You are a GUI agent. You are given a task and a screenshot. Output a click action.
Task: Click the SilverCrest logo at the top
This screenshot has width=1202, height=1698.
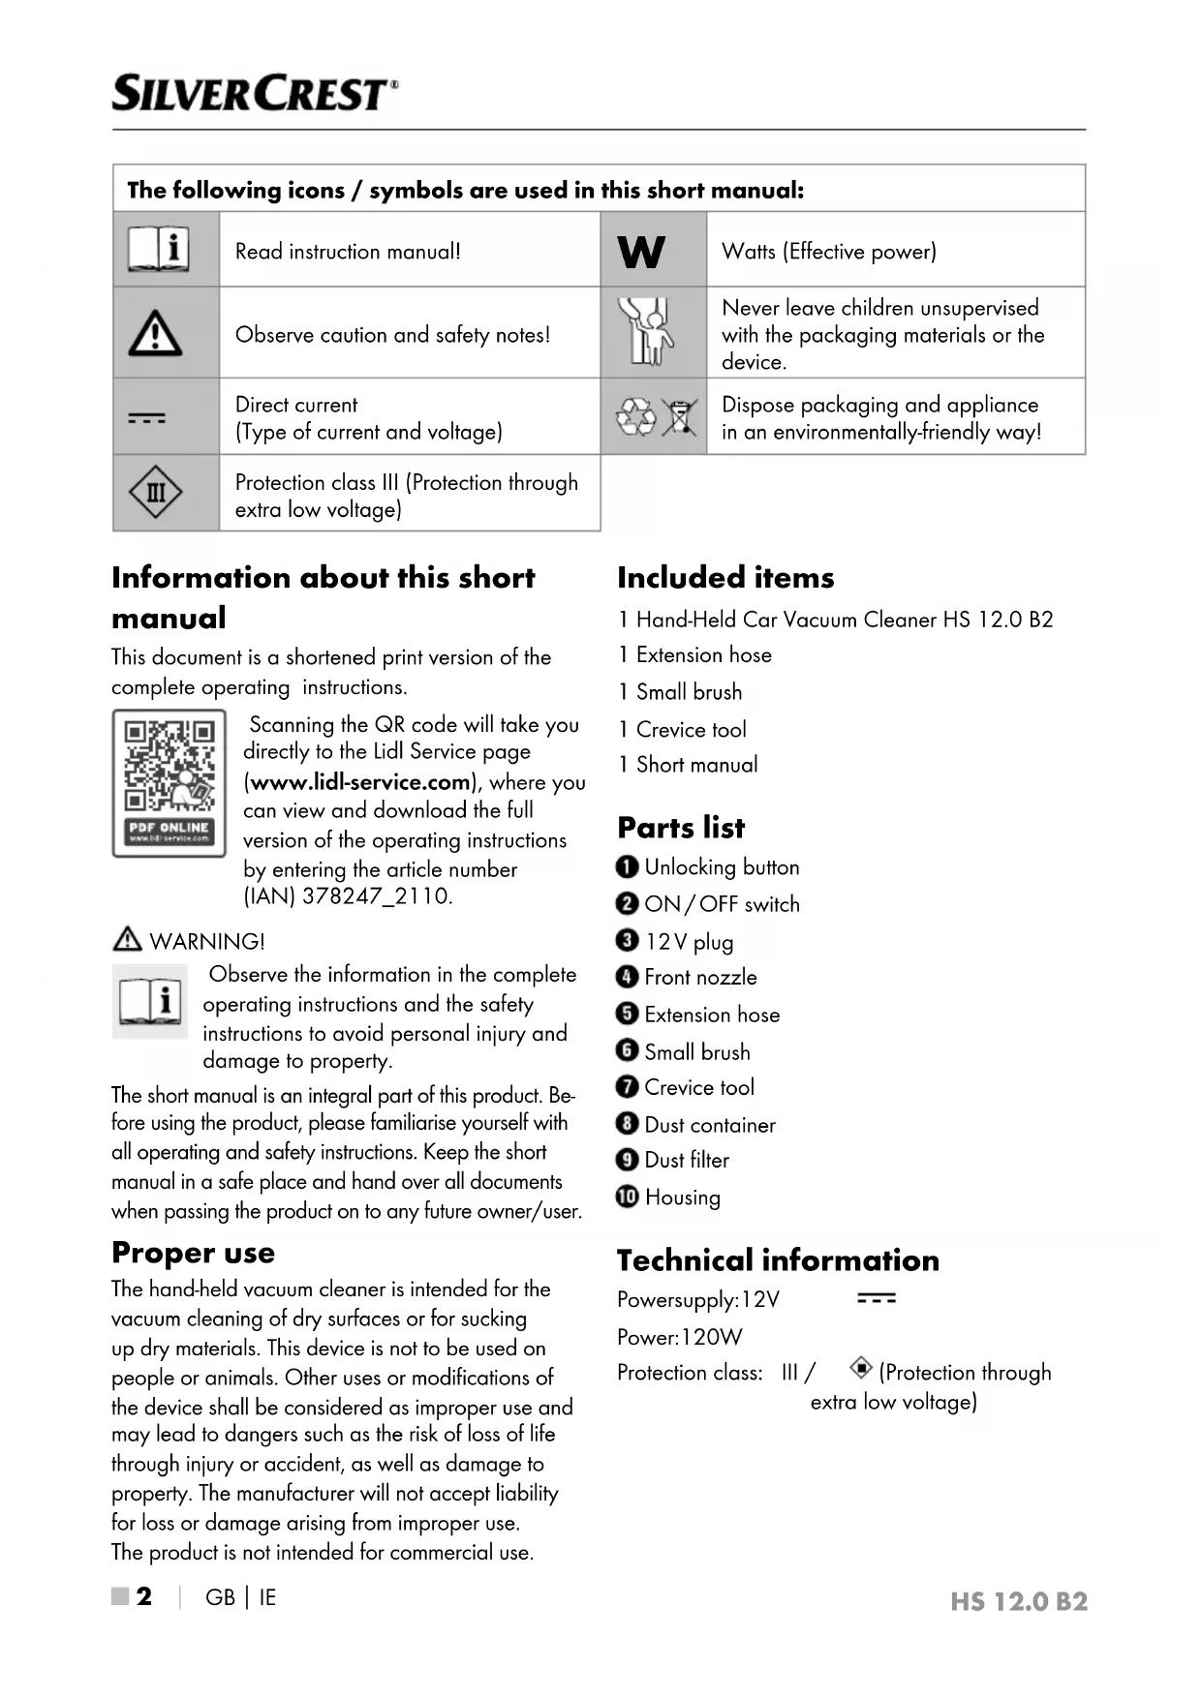point(255,94)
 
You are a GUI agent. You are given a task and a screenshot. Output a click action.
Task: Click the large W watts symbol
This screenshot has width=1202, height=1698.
point(641,252)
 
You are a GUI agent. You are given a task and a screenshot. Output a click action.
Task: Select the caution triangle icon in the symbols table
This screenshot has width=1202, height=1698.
point(155,334)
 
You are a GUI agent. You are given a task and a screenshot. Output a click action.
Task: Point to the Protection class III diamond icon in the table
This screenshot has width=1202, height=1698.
point(155,493)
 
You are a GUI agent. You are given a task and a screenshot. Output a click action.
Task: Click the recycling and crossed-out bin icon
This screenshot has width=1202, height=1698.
point(657,417)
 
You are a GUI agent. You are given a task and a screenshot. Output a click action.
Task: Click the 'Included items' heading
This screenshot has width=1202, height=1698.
point(725,578)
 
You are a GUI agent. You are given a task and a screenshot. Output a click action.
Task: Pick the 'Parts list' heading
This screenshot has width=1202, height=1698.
point(681,828)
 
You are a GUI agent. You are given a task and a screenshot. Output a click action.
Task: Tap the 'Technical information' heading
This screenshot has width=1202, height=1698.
point(778,1260)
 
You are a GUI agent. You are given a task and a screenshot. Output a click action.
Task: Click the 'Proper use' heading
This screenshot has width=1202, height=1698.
point(193,1253)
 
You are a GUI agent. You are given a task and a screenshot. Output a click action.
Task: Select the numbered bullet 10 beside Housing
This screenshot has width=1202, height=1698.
point(628,1197)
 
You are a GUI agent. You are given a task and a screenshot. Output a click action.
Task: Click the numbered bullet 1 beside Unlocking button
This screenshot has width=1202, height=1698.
point(627,866)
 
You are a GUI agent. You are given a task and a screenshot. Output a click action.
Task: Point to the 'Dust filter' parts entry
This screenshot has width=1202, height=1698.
point(686,1160)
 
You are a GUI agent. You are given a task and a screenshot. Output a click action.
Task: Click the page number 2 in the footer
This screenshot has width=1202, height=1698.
point(143,1596)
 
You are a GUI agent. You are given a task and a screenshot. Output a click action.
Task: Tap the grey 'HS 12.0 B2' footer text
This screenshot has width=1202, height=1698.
point(1018,1601)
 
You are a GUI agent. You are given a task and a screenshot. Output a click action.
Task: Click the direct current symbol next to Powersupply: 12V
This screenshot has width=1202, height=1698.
point(877,1298)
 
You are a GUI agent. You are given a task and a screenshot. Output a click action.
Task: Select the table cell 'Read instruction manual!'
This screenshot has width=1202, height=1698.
point(348,252)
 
